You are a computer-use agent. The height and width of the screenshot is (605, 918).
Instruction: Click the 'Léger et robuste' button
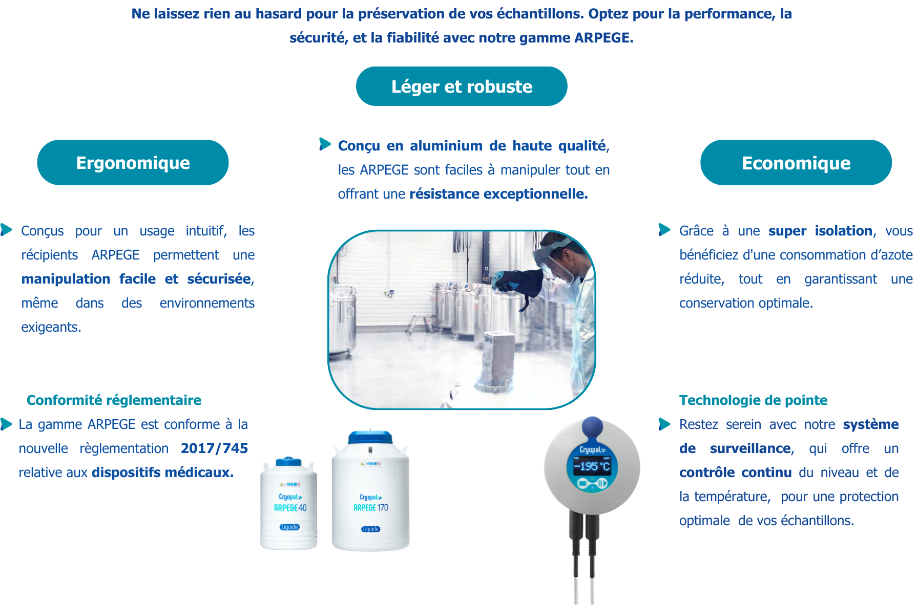(462, 87)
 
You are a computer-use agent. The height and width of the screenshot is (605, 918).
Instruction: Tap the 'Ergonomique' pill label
(133, 163)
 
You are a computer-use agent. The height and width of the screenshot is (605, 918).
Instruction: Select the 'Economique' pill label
(796, 163)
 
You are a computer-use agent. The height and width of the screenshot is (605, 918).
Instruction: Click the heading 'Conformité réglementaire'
(114, 400)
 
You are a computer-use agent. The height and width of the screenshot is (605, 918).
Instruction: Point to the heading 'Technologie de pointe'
(753, 400)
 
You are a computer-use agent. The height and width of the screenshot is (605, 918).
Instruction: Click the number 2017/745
(214, 448)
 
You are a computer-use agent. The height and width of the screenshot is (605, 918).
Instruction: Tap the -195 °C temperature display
(592, 466)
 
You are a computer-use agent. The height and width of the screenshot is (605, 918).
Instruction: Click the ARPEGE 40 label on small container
(290, 508)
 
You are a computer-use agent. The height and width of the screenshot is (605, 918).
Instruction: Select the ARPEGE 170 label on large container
(370, 508)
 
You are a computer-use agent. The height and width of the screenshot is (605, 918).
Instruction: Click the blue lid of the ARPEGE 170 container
(370, 438)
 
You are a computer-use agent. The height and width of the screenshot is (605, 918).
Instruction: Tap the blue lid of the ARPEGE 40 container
(288, 462)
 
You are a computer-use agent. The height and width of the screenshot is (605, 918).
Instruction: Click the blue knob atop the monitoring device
(592, 426)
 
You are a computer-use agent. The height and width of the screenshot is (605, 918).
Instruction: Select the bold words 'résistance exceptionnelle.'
(498, 194)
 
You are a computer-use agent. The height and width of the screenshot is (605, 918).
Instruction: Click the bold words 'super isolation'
(820, 231)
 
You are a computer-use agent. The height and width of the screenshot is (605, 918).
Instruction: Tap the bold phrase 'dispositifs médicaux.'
(162, 472)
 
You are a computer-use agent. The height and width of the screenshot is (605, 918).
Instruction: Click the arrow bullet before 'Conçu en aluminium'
(325, 144)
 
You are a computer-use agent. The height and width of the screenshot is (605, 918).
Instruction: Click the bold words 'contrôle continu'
(735, 472)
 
